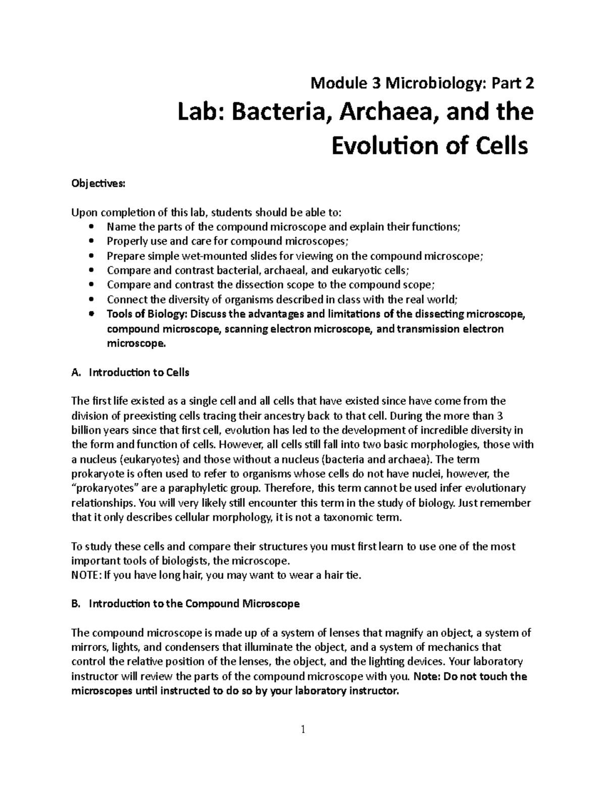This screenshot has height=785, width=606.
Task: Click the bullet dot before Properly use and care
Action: (91, 242)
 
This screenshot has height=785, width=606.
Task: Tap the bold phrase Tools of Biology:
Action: (147, 314)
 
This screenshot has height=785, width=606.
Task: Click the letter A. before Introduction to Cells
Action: (76, 373)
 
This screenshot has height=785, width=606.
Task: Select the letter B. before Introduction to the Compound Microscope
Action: (76, 604)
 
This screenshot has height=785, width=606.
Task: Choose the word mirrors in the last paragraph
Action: (89, 647)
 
